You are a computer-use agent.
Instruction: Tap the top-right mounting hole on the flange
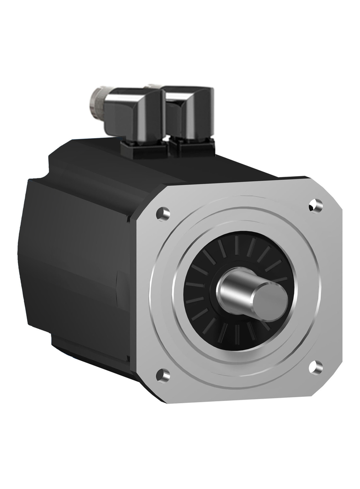point(315,205)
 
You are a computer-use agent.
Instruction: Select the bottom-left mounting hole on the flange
point(163,375)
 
